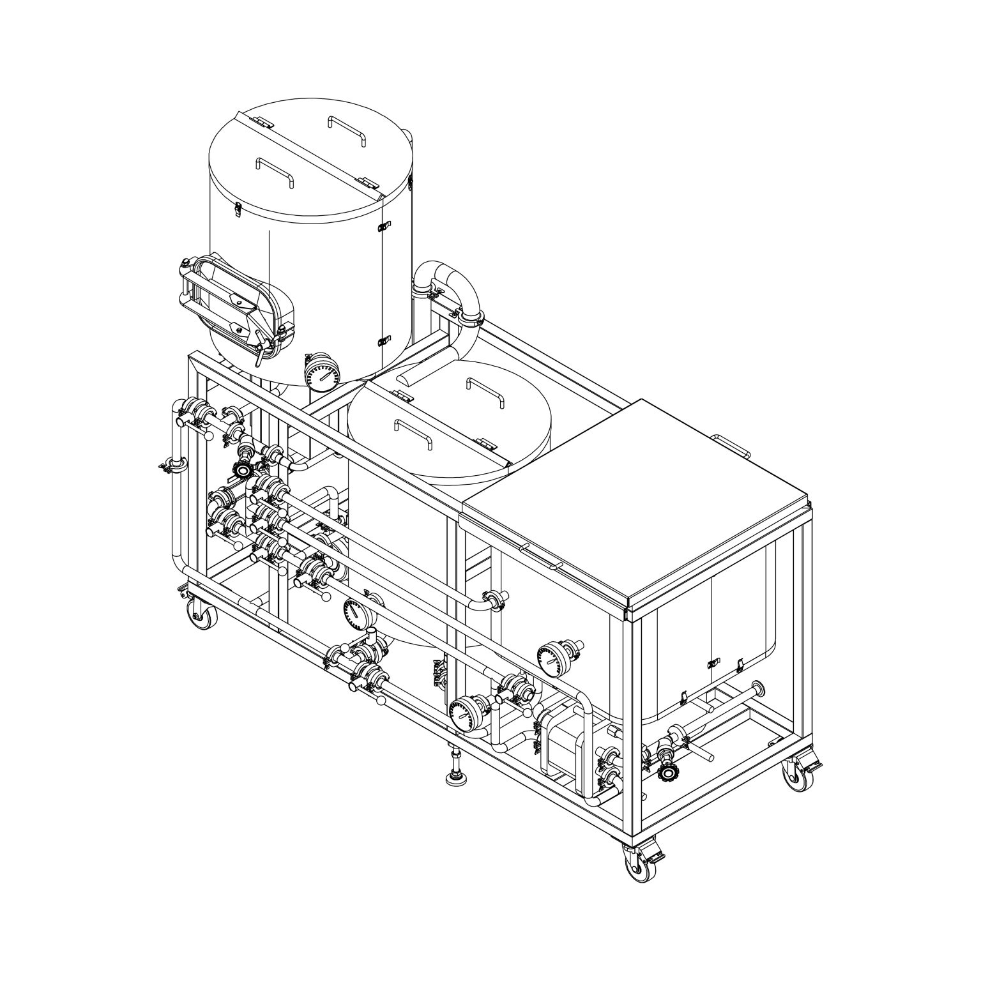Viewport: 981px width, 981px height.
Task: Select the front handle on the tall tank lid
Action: [x=275, y=171]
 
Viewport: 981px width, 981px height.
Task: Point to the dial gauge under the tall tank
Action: [x=322, y=373]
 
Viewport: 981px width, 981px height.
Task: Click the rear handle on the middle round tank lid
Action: [x=486, y=390]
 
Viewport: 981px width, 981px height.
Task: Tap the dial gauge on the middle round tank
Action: [x=356, y=614]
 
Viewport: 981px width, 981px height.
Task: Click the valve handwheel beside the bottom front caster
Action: [x=668, y=773]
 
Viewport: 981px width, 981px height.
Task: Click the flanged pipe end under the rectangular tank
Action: [x=759, y=688]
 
